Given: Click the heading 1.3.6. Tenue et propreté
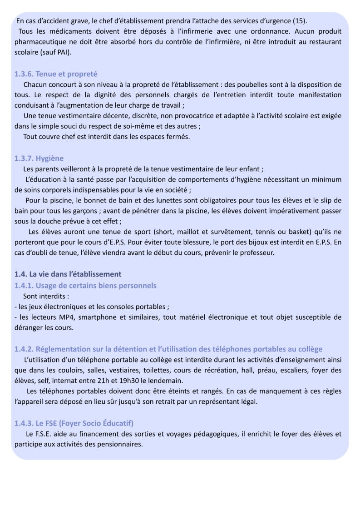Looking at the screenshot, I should pyautogui.click(x=56, y=74).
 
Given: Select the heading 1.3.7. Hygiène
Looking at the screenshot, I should pyautogui.click(x=39, y=158).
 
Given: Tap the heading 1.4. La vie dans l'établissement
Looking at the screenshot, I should pyautogui.click(x=68, y=274).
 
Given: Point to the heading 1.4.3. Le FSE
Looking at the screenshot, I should pyautogui.click(x=74, y=423).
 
